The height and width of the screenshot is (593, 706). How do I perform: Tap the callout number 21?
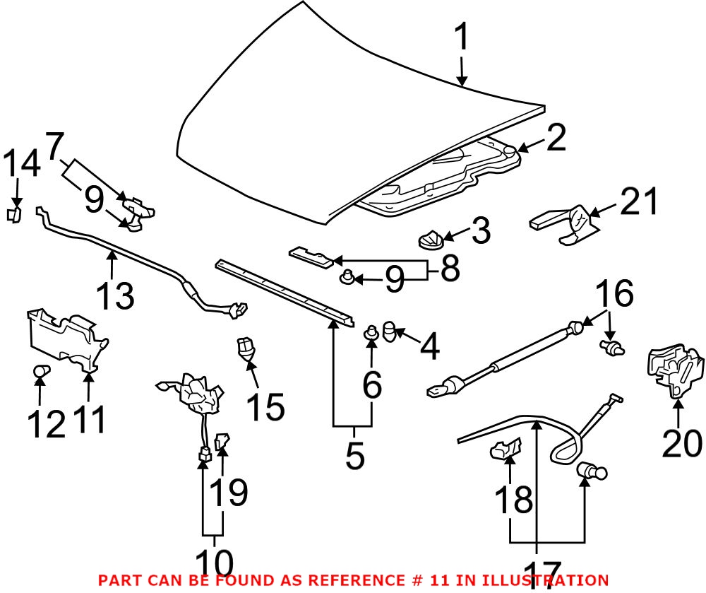coord(639,203)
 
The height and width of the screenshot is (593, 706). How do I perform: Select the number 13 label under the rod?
coord(115,295)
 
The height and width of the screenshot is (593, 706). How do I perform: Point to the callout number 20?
coord(682,443)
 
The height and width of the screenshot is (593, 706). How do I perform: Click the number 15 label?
coord(265,408)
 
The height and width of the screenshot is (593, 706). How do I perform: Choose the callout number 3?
coord(480,232)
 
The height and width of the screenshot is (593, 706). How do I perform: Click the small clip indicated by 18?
coord(505,449)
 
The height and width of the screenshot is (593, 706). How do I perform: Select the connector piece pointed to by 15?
coord(245,348)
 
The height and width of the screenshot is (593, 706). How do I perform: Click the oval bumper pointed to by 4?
coord(392,330)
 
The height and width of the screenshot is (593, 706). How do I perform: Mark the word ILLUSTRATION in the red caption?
coord(551,580)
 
